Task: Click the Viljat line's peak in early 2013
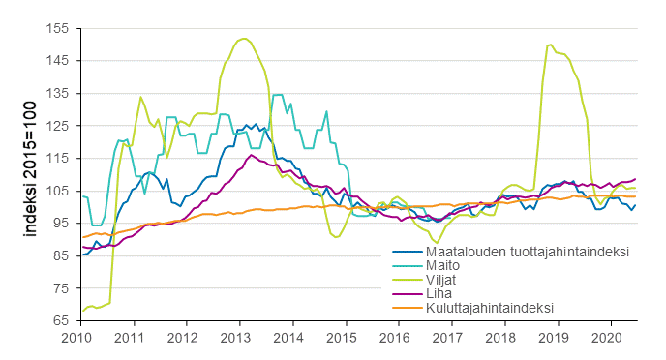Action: pos(243,39)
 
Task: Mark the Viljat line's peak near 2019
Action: pos(550,45)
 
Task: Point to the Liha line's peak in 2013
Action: pos(252,155)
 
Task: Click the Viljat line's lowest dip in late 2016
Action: pos(437,243)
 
